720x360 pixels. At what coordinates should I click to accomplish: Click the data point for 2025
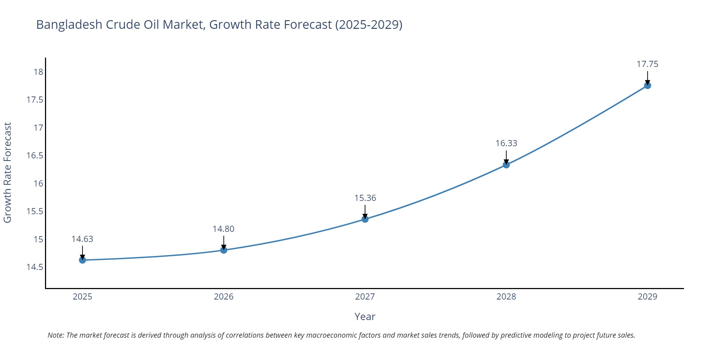[82, 260]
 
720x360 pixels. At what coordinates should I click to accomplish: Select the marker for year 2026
[224, 250]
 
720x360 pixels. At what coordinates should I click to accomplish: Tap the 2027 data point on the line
[365, 219]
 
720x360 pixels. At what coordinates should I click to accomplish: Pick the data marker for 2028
[506, 165]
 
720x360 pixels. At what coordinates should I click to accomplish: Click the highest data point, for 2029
[647, 85]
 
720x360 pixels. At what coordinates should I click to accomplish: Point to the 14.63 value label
[82, 239]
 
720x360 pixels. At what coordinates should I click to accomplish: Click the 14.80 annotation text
[223, 229]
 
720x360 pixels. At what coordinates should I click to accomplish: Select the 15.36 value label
[365, 198]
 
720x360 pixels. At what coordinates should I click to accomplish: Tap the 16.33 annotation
[506, 143]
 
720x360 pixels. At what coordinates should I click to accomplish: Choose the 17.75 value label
[647, 64]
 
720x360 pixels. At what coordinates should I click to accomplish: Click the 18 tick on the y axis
[38, 72]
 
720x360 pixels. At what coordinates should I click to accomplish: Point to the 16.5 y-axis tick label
[35, 156]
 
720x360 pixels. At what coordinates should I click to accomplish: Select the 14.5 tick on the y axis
[35, 267]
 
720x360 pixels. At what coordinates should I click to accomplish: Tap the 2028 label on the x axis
[506, 297]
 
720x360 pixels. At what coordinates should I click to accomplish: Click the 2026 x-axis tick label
[224, 297]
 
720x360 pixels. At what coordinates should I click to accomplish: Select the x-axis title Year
[365, 316]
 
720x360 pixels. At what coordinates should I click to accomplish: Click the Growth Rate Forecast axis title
[8, 173]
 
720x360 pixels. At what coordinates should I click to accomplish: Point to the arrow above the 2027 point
[365, 211]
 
